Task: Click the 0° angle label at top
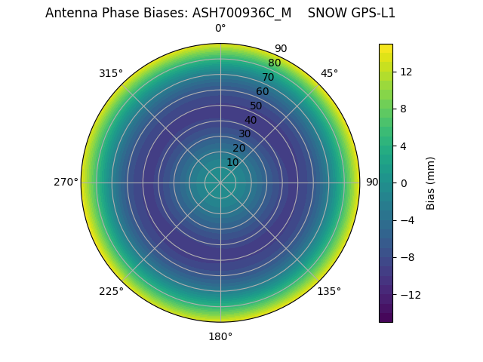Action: (220, 29)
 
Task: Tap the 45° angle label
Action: (329, 73)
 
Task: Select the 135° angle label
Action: (329, 291)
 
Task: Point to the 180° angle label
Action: (220, 336)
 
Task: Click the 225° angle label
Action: (111, 291)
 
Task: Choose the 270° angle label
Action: (66, 182)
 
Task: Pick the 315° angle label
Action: (111, 73)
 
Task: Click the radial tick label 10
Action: (232, 162)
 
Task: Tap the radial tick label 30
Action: (245, 133)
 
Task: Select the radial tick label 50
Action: (257, 106)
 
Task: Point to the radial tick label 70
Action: (268, 77)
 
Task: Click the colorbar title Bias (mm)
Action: (431, 183)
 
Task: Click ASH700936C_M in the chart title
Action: (242, 13)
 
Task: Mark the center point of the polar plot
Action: (220, 183)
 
